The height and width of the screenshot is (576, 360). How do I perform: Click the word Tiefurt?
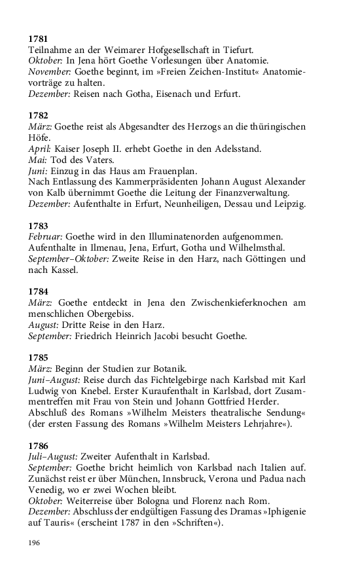[236, 50]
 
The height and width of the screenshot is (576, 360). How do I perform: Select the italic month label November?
[50, 71]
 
